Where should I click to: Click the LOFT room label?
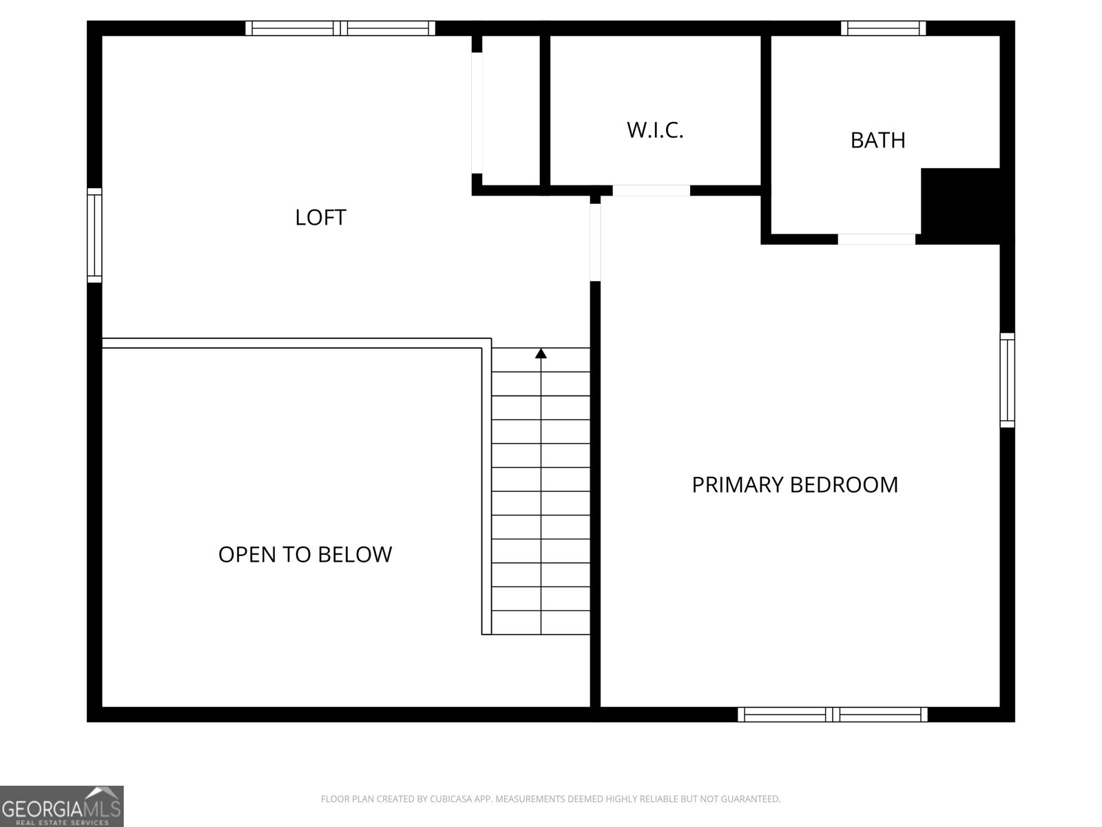point(320,218)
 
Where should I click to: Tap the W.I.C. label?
point(655,130)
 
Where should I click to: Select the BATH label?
point(877,141)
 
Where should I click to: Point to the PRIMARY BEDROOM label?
point(795,485)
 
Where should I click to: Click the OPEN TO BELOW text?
point(305,555)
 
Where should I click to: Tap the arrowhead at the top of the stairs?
point(541,354)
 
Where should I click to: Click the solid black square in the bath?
point(961,205)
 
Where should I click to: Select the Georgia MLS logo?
point(62,806)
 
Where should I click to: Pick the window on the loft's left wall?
point(94,235)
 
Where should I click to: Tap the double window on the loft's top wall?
point(340,28)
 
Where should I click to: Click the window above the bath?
point(883,28)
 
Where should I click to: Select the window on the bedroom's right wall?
point(1007,380)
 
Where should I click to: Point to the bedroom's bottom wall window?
point(833,715)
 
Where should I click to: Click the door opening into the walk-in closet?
point(651,191)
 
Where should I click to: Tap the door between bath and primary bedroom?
point(876,239)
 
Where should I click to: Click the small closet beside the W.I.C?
point(510,110)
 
